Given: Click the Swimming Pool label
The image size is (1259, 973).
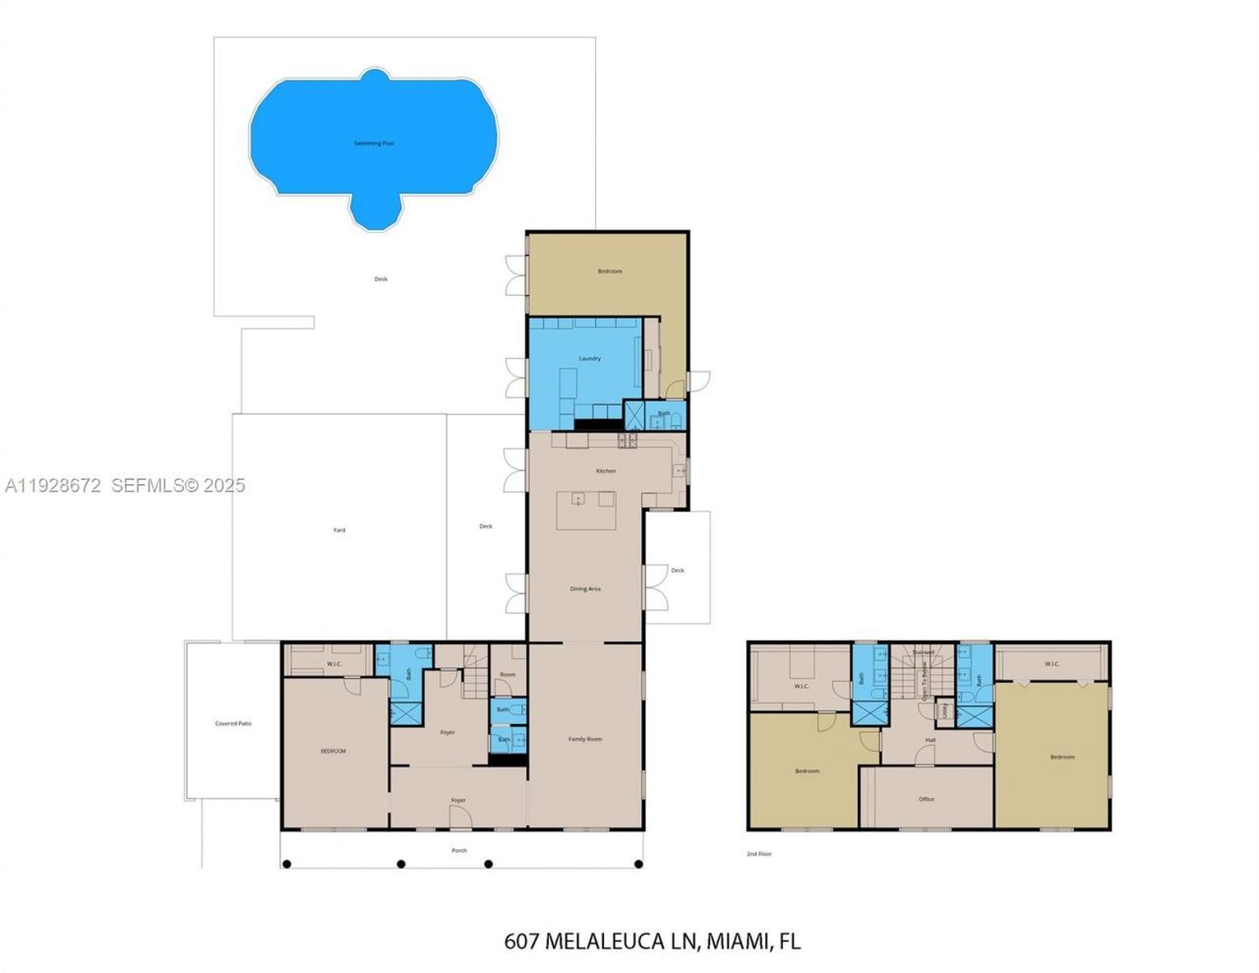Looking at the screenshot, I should [374, 144].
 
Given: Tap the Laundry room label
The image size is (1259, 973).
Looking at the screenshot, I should [589, 359].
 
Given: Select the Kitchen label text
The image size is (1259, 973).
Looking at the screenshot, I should [606, 471].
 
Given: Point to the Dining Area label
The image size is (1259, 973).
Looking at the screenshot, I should [585, 589].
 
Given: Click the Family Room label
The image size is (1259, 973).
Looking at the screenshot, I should [585, 739].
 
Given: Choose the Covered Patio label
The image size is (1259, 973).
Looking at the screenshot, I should [233, 724].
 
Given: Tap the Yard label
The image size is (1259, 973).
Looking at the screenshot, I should [338, 530].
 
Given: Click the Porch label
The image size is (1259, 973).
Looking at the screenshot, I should [459, 850].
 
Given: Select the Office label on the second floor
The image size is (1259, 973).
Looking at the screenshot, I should [926, 800].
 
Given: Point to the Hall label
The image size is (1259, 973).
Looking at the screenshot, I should [930, 740].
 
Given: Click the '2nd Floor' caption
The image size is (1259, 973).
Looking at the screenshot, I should [759, 854].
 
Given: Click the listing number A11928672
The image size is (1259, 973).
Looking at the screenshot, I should [53, 485].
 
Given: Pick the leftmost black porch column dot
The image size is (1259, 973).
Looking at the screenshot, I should [287, 865].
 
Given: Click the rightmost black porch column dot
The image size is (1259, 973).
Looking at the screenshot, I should [638, 865].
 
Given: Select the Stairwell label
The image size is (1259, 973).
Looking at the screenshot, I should [924, 652].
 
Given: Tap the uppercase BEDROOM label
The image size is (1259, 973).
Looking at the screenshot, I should [333, 752].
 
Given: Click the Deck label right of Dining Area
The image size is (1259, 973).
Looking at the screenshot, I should [677, 571].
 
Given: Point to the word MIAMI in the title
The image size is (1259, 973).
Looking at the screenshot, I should [737, 942].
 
